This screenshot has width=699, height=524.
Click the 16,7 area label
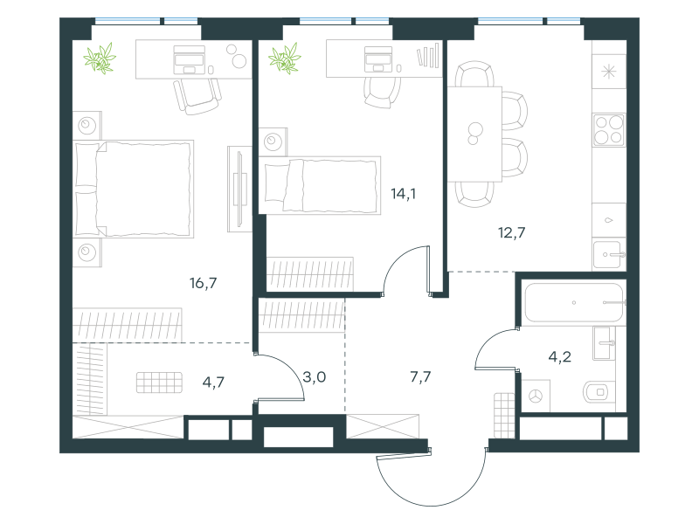pos(204,283)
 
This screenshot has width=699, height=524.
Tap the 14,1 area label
pos(404,194)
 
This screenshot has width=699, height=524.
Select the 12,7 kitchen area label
pos(511,232)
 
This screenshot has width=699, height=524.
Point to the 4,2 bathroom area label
pos(559,356)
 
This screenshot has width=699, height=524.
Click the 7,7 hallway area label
pos(420,377)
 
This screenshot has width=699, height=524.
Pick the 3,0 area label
pos(315,377)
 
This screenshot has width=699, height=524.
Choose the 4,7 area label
pos(213,383)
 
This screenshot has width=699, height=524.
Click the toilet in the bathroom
pos(599,392)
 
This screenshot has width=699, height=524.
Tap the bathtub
pos(574,302)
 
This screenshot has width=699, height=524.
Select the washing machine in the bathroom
pos(536,396)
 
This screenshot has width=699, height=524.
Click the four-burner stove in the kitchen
pos(609,129)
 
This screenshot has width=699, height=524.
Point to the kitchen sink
pos(608,255)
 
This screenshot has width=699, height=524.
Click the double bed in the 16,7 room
pos(134,189)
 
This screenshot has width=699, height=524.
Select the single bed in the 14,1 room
pos(320,185)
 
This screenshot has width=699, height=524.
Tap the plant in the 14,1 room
pos(285,58)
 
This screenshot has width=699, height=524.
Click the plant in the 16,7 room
pos(100,58)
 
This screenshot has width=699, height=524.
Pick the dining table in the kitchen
pos(475,134)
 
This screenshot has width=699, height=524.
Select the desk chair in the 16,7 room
pos(197,96)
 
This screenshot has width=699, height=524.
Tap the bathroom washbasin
pos(604,343)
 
